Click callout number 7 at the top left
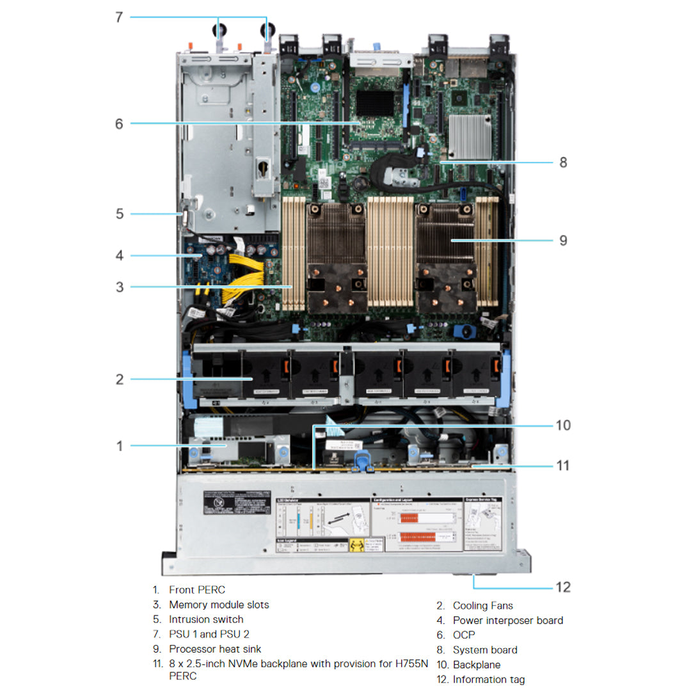[118, 17]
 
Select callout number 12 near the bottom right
[562, 587]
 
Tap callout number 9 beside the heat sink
[562, 241]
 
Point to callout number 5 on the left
[120, 213]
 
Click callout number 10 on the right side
[562, 425]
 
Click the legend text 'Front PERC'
[197, 590]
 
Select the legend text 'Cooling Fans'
[482, 605]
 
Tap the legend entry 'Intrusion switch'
[206, 619]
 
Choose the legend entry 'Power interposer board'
[508, 620]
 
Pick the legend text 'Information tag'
[489, 679]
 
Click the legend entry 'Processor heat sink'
[215, 649]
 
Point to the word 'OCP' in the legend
[464, 635]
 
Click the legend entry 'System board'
[485, 650]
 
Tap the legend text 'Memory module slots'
[219, 605]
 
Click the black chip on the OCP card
[375, 103]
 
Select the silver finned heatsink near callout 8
[470, 137]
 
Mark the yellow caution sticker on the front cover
[357, 546]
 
